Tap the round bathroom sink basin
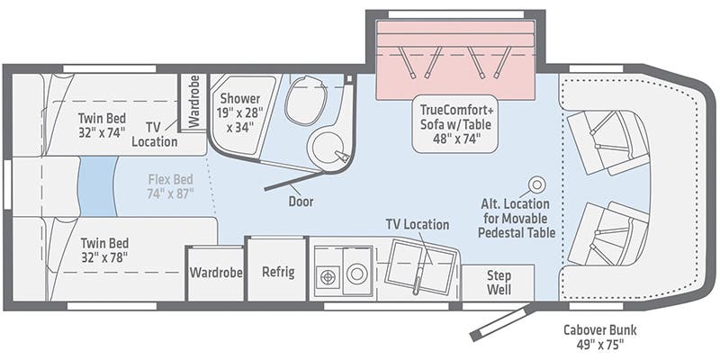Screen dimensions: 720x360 [328, 148]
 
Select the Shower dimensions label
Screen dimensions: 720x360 [240, 113]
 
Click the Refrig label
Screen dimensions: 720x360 [278, 272]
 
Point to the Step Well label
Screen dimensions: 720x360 [499, 283]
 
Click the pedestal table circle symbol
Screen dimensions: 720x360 [535, 184]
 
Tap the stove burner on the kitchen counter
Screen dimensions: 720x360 [327, 277]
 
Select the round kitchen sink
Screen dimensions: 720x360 [356, 275]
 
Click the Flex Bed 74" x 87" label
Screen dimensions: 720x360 [171, 186]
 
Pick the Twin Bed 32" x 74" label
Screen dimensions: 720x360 [102, 125]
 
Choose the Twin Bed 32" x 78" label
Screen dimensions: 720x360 [104, 250]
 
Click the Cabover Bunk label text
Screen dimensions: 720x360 [600, 336]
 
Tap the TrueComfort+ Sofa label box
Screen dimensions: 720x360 [455, 123]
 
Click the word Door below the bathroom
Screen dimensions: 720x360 [301, 201]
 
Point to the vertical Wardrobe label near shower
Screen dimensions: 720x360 [194, 101]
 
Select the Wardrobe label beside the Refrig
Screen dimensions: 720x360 [216, 273]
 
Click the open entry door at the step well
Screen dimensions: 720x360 [503, 324]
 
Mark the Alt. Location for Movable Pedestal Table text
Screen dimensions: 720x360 [516, 218]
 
